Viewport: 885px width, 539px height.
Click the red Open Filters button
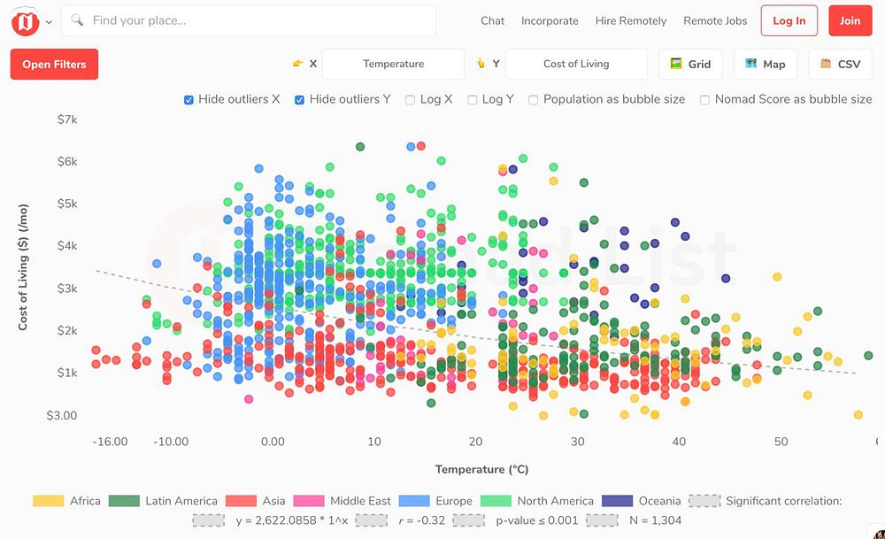click(54, 65)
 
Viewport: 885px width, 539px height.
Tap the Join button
click(850, 21)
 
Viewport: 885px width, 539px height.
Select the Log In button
click(789, 21)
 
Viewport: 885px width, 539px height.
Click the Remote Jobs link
click(715, 21)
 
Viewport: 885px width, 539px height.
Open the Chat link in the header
click(493, 21)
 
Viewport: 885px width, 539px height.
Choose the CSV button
click(840, 65)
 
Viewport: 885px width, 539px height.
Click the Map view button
click(765, 65)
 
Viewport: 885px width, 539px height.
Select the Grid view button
click(690, 65)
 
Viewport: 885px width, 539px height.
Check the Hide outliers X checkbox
click(189, 100)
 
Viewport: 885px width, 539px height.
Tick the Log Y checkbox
click(473, 100)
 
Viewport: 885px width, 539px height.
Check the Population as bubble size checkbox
click(534, 100)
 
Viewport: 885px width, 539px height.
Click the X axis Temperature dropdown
click(393, 65)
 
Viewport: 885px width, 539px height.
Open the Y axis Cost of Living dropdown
click(576, 65)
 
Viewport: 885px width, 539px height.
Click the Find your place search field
click(249, 20)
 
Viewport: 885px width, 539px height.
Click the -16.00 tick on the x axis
click(110, 442)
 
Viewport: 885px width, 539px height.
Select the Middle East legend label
click(360, 501)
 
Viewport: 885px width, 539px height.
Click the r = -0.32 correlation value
click(422, 520)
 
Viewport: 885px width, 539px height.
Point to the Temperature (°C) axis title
click(481, 469)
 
